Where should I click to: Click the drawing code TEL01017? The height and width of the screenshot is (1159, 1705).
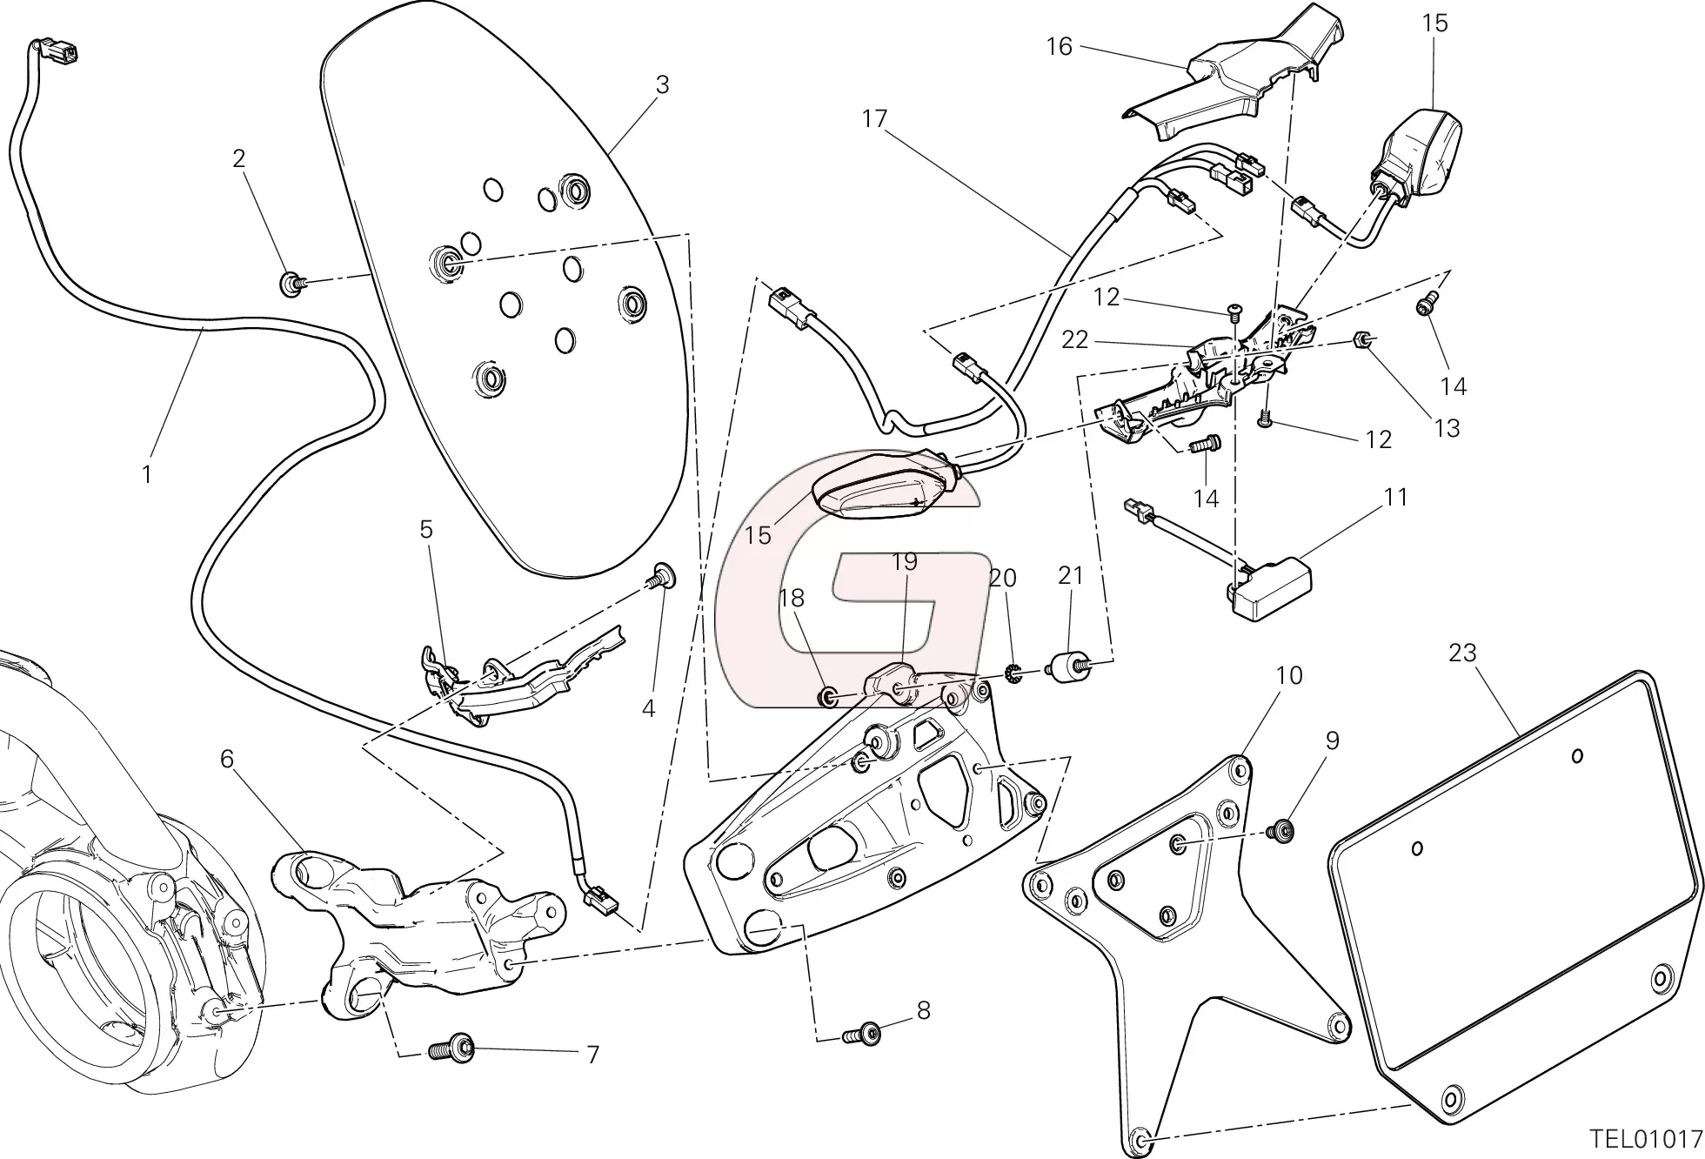(x=1645, y=1138)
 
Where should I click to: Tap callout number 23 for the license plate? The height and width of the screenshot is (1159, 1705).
(x=1463, y=653)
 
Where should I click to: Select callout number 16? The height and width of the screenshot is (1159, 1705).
(x=1060, y=46)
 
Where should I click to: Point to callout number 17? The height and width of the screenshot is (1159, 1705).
(x=874, y=118)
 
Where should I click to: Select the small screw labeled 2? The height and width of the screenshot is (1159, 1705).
(x=291, y=283)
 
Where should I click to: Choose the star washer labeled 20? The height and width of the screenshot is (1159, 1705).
(x=1013, y=673)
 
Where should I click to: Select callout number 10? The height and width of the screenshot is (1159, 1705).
(x=1289, y=675)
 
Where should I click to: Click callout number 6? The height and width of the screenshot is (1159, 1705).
(x=227, y=760)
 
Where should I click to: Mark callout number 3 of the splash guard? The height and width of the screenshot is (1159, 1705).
(x=663, y=85)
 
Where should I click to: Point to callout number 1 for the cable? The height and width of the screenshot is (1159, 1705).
(x=147, y=474)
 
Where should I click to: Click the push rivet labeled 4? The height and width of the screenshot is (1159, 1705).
(x=664, y=576)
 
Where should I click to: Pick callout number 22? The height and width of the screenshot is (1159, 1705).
(x=1075, y=339)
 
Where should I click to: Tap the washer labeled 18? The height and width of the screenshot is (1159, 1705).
(x=827, y=696)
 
